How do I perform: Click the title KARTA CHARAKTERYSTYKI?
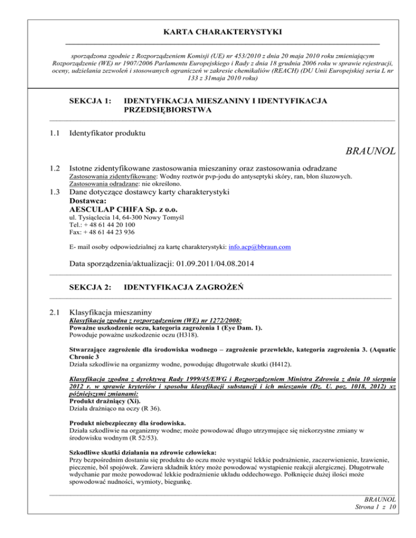tap(208, 33)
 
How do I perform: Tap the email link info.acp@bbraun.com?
tap(260, 246)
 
